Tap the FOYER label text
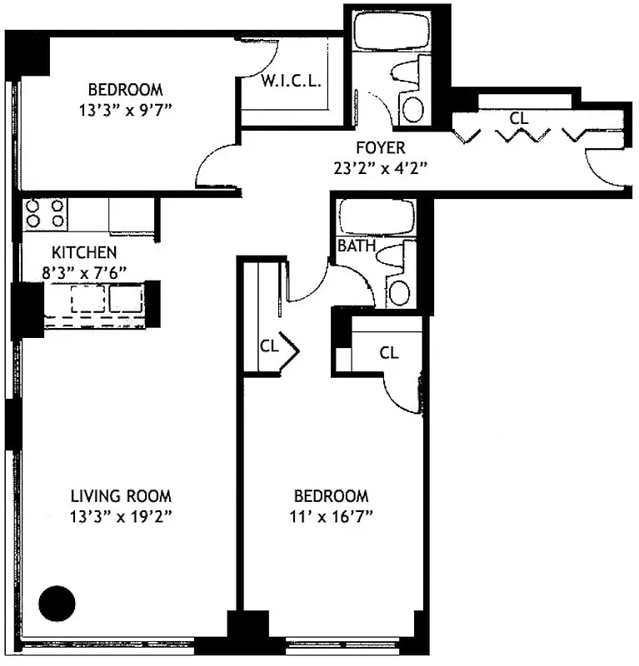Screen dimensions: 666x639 pos(380,148)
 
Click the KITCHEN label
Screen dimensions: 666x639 pos(83,252)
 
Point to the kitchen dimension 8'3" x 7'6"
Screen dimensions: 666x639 pos(83,270)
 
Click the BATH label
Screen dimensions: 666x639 pos(355,246)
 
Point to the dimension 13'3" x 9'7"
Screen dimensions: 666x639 pos(126,107)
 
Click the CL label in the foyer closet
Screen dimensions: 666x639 pos(519,119)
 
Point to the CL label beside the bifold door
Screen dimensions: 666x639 pos(268,344)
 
